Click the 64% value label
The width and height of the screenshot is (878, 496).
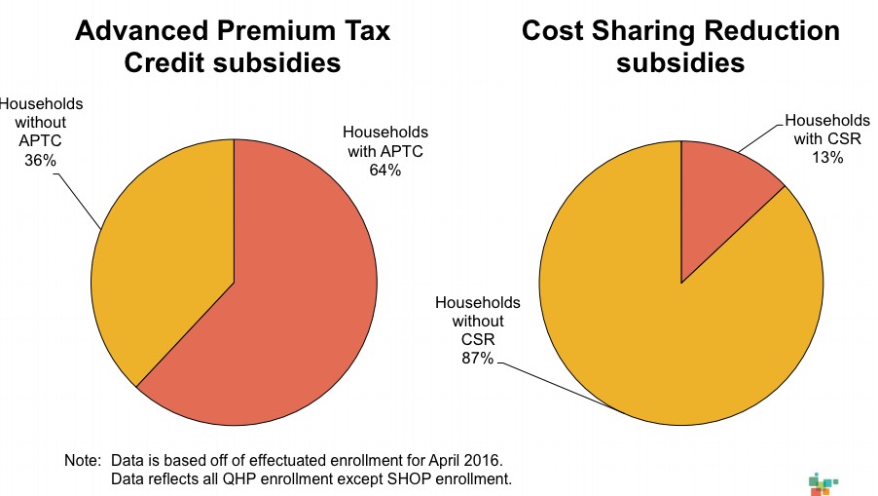(x=386, y=170)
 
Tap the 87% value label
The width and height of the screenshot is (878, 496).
(x=478, y=360)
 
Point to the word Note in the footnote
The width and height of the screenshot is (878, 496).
(x=81, y=459)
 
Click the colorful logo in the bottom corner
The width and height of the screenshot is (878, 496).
(x=823, y=482)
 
